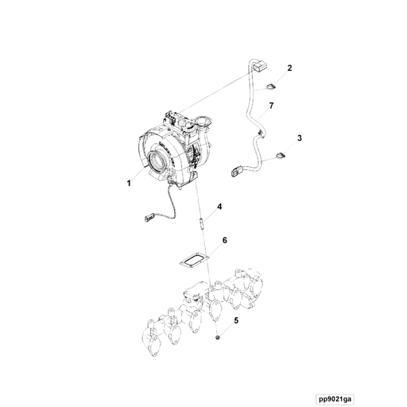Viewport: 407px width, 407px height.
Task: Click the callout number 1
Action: click(128, 183)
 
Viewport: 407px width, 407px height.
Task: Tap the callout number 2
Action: click(289, 68)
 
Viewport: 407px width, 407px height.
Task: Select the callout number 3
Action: click(300, 138)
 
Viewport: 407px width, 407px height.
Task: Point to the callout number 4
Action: click(219, 207)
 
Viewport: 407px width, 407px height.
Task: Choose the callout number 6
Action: click(225, 240)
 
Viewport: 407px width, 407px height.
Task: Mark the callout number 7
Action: click(271, 106)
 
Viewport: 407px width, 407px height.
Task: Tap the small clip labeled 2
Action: click(269, 86)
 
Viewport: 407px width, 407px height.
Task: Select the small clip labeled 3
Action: click(279, 154)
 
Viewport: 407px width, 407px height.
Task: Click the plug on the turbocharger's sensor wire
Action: click(149, 215)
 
